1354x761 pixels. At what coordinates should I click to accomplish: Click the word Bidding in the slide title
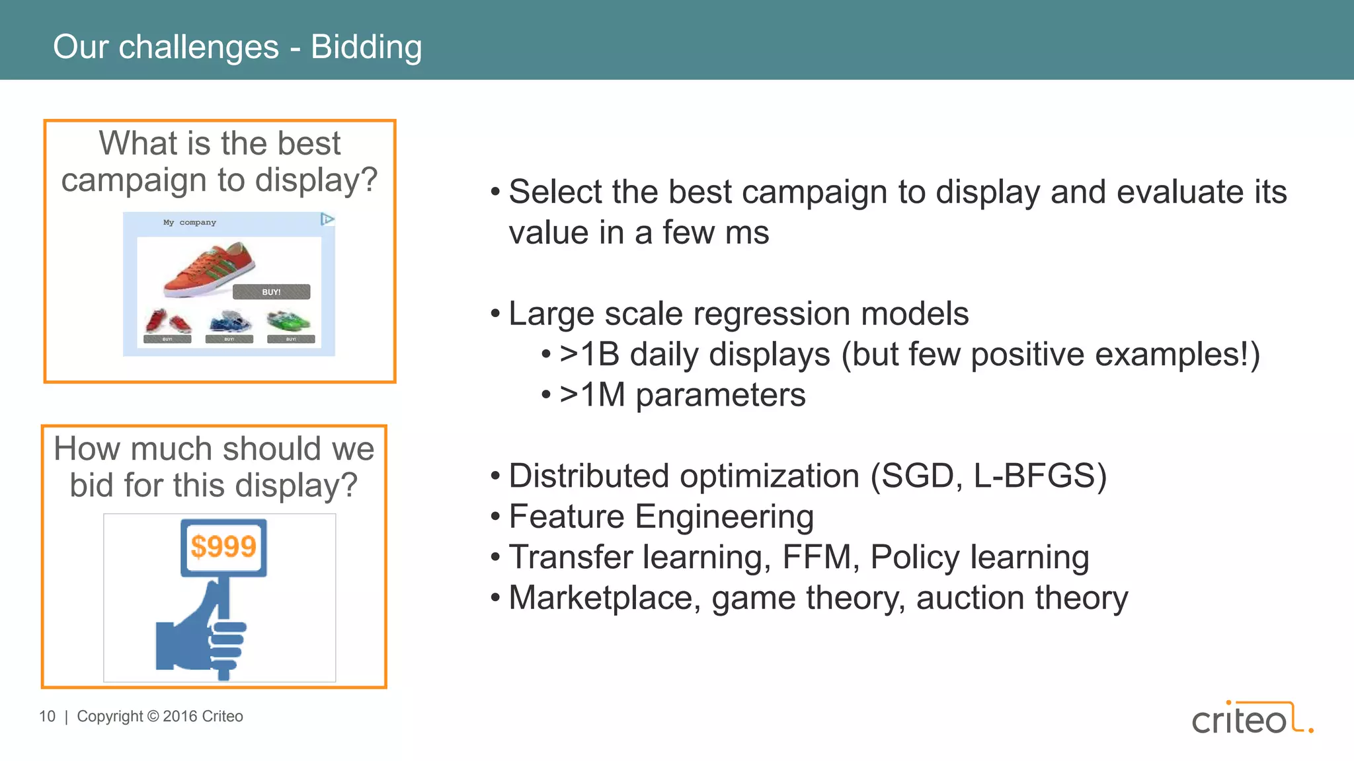366,48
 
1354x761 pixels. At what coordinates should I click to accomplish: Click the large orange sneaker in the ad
208,270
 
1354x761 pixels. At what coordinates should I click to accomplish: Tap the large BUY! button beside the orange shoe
271,292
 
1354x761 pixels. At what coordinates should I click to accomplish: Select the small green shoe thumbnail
289,322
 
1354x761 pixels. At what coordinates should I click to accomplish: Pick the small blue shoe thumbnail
229,322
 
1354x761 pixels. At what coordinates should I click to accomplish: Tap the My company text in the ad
189,223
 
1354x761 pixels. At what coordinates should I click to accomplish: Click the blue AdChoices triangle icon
327,219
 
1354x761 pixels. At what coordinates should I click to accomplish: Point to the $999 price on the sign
223,547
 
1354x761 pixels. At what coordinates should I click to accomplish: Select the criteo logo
1252,719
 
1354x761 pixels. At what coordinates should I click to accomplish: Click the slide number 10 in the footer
47,717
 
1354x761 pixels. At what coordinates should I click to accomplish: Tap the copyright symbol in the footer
153,717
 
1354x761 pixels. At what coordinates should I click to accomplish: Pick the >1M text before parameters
592,396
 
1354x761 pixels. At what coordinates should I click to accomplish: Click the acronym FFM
816,558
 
